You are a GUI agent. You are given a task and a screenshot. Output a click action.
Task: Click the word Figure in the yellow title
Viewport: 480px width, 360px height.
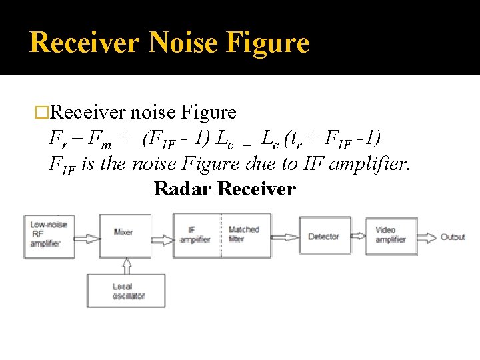(269, 43)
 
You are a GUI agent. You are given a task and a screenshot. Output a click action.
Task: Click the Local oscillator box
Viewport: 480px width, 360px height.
(125, 291)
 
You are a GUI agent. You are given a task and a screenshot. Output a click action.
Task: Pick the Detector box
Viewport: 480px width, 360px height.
(324, 236)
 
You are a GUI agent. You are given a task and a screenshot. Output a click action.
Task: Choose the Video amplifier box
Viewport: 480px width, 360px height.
(391, 235)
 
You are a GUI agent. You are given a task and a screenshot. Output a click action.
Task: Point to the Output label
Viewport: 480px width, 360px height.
(453, 237)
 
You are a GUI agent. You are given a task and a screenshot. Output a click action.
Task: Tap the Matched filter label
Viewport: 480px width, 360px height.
(245, 235)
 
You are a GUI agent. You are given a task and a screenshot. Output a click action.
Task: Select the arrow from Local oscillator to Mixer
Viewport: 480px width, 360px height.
(126, 265)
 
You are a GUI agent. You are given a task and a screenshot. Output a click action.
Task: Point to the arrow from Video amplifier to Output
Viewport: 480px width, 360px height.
(427, 237)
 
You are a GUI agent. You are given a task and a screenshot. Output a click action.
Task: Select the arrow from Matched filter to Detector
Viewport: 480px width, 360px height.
(285, 235)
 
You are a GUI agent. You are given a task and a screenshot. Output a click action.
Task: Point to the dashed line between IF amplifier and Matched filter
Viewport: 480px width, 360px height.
(221, 235)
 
